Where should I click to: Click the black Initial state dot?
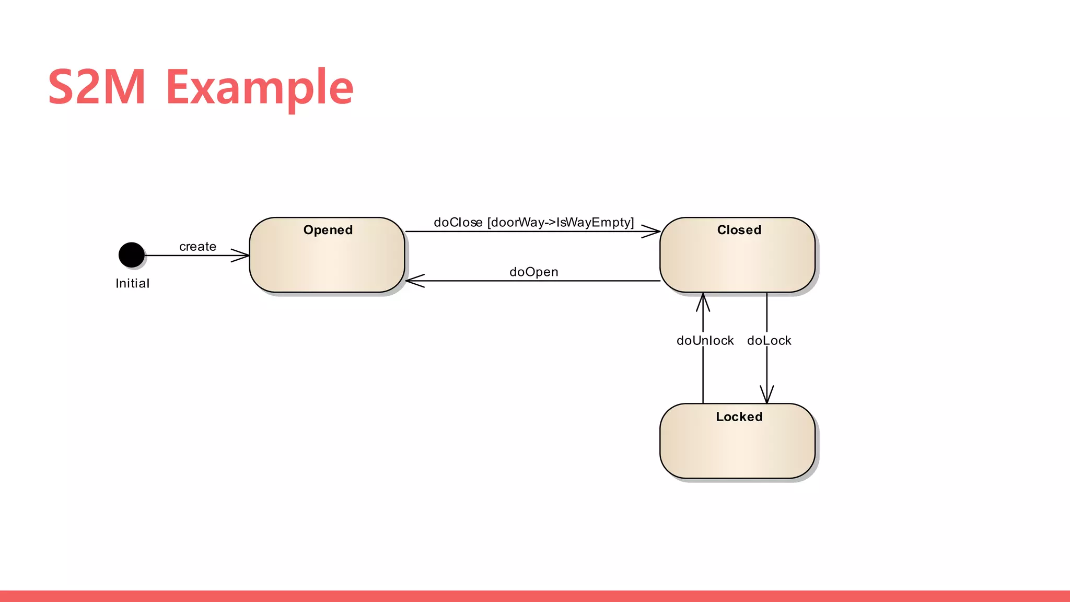coord(131,255)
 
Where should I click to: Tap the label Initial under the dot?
coord(132,283)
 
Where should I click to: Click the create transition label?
coord(197,246)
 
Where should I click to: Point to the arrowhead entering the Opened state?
coord(242,256)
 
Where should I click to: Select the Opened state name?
coord(328,230)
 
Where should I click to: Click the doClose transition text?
coord(458,223)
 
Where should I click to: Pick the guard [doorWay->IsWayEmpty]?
coord(560,223)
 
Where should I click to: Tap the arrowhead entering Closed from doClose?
coord(653,231)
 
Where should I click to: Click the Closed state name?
coord(738,230)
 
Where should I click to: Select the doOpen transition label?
coord(533,272)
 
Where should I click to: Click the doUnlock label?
coord(704,341)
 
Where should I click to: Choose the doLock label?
coord(769,341)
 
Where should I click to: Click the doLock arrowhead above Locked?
coord(766,395)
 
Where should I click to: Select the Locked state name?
coord(738,416)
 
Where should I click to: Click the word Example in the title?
coord(260,87)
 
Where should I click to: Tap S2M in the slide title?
coord(97,87)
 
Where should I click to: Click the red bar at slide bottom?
coord(535,596)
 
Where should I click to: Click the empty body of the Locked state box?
coord(737,449)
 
